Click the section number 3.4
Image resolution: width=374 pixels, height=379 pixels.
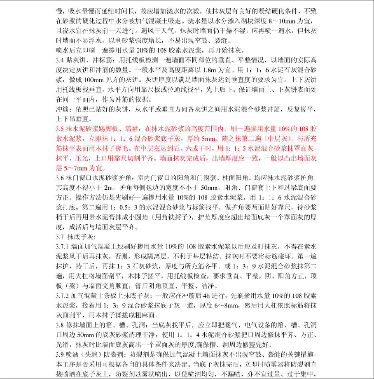click(x=60, y=60)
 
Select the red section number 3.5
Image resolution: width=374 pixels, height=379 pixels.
click(x=60, y=129)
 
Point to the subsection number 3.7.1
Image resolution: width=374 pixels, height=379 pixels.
click(x=63, y=246)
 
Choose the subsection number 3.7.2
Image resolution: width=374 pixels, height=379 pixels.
click(x=63, y=295)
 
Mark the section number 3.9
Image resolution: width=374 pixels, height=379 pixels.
click(x=60, y=355)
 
